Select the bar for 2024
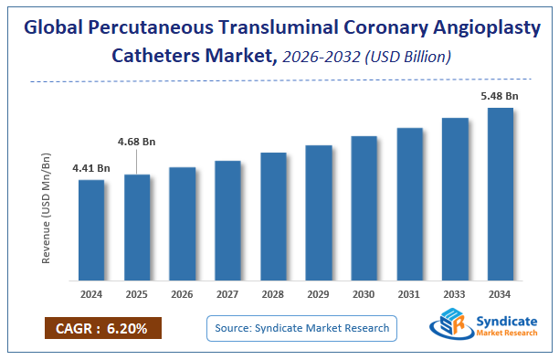click(91, 230)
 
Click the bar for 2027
click(227, 221)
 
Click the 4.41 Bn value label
click(91, 168)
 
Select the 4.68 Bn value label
click(137, 142)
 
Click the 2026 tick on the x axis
click(183, 295)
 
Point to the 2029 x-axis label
click(319, 295)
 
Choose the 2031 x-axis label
click(409, 295)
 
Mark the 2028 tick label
click(273, 295)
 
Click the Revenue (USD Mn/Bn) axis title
click(47, 207)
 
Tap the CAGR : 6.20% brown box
click(102, 329)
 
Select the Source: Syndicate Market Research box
click(301, 328)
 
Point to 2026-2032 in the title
click(320, 57)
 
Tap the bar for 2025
click(137, 228)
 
